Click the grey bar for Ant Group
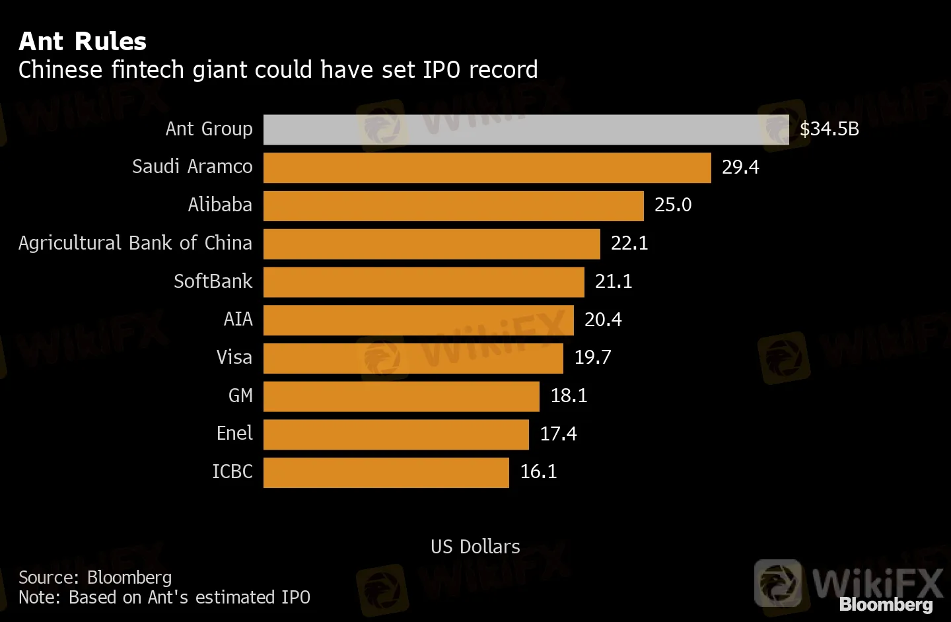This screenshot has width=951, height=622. click(x=526, y=129)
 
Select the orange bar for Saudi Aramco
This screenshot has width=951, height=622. click(x=487, y=168)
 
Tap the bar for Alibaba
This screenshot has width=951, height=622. click(x=453, y=206)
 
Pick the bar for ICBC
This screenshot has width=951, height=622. click(x=386, y=473)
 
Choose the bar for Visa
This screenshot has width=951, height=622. click(x=413, y=359)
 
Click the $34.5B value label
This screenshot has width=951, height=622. click(x=829, y=129)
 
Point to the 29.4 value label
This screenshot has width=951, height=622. click(x=740, y=168)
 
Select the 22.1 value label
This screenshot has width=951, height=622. click(x=629, y=244)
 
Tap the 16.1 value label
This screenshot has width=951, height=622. click(x=538, y=472)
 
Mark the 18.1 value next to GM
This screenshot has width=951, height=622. click(x=569, y=396)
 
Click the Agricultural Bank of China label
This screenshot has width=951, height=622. click(x=135, y=244)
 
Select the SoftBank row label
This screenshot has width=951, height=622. click(x=213, y=282)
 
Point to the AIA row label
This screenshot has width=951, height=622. click(x=238, y=320)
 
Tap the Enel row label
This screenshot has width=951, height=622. click(x=234, y=434)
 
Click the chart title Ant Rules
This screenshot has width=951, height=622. click(x=83, y=42)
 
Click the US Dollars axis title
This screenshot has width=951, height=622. click(x=475, y=547)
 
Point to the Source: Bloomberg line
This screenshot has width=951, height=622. click(x=95, y=578)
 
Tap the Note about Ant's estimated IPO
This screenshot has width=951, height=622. click(x=164, y=598)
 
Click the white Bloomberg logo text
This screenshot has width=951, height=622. click(x=886, y=605)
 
